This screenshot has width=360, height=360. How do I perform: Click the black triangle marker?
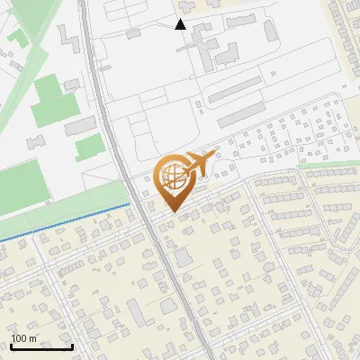[181, 24]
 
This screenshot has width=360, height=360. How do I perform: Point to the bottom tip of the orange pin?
[171, 211]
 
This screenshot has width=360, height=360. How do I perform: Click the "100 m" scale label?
[24, 338]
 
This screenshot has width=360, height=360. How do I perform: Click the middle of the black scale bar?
[41, 346]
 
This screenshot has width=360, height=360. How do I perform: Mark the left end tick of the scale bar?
[11, 346]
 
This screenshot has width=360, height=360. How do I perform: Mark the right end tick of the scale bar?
[72, 346]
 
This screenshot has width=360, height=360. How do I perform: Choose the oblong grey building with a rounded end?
[271, 30]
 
